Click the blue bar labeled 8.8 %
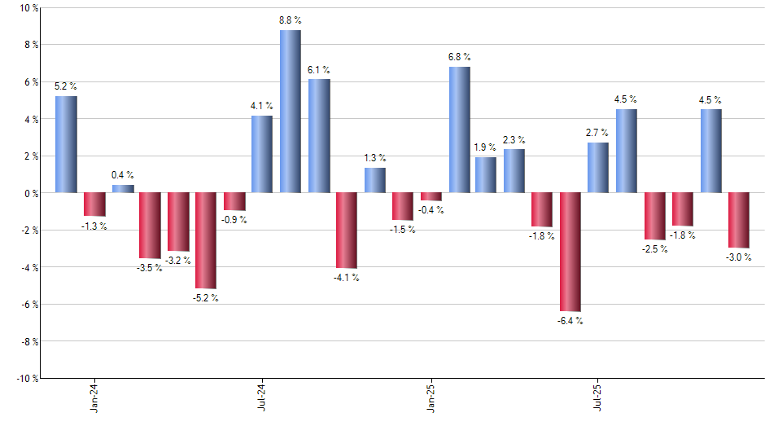coord(291,112)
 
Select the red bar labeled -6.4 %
coord(570,252)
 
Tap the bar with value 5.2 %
coord(66,144)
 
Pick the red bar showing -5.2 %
coord(206,240)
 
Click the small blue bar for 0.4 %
coord(123,189)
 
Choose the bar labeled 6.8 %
coord(459,130)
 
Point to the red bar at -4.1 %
coord(347,231)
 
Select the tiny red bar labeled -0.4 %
coord(431,196)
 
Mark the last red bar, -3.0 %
coord(739,220)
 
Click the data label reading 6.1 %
coord(319,70)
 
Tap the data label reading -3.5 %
coord(149,268)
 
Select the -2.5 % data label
coord(654,249)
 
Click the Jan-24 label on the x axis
coord(94,397)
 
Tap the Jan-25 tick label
coord(431,397)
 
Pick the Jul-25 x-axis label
coord(598,397)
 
